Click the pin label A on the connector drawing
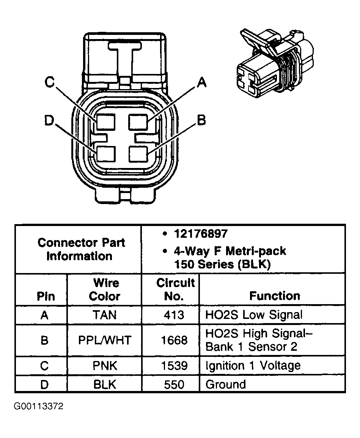point(201,82)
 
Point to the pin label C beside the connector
point(50,82)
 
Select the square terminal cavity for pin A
point(138,122)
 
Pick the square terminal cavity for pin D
point(105,154)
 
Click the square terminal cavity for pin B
point(138,154)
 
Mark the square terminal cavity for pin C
point(105,122)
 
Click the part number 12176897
point(201,234)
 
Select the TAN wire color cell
point(104,315)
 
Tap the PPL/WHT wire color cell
point(104,340)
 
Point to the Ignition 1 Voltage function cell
point(253,366)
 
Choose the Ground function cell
point(225,384)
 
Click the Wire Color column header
point(104,289)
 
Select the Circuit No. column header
point(174,289)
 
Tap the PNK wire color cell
point(104,366)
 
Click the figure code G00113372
point(39,407)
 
